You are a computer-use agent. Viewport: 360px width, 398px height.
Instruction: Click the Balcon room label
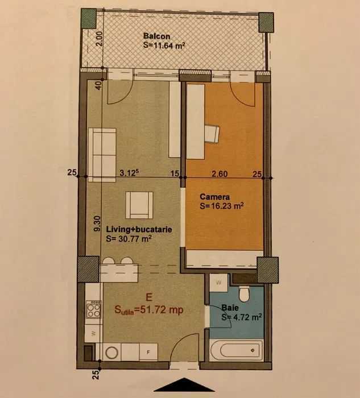[x=156, y=36]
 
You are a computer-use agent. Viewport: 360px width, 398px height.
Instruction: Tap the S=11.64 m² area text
[x=164, y=45]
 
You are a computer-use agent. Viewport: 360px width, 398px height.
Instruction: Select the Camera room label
[x=214, y=197]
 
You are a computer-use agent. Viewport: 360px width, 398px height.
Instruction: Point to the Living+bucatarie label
[x=139, y=229]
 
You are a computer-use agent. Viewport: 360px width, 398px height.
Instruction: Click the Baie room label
[x=230, y=308]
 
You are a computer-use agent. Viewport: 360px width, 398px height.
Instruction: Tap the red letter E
[x=149, y=297]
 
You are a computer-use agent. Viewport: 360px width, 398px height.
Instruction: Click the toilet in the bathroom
[x=244, y=294]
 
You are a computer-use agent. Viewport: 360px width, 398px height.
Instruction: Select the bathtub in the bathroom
[x=236, y=350]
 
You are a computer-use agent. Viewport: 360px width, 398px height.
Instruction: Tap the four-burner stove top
[x=93, y=309]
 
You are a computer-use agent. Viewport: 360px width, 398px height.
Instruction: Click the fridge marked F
[x=148, y=352]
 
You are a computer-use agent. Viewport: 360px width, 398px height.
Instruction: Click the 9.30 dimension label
[x=97, y=223]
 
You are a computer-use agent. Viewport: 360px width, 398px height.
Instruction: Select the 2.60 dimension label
[x=220, y=174]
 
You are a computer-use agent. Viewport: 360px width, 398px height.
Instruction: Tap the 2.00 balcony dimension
[x=100, y=39]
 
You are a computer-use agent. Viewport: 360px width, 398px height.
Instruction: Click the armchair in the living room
[x=139, y=205]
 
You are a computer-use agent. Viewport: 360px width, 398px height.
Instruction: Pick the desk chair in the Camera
[x=212, y=134]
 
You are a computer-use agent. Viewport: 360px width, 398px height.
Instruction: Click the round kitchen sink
[x=111, y=353]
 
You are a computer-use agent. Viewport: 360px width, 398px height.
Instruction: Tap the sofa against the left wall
[x=102, y=155]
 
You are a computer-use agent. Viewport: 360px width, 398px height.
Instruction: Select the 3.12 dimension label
[x=129, y=173]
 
